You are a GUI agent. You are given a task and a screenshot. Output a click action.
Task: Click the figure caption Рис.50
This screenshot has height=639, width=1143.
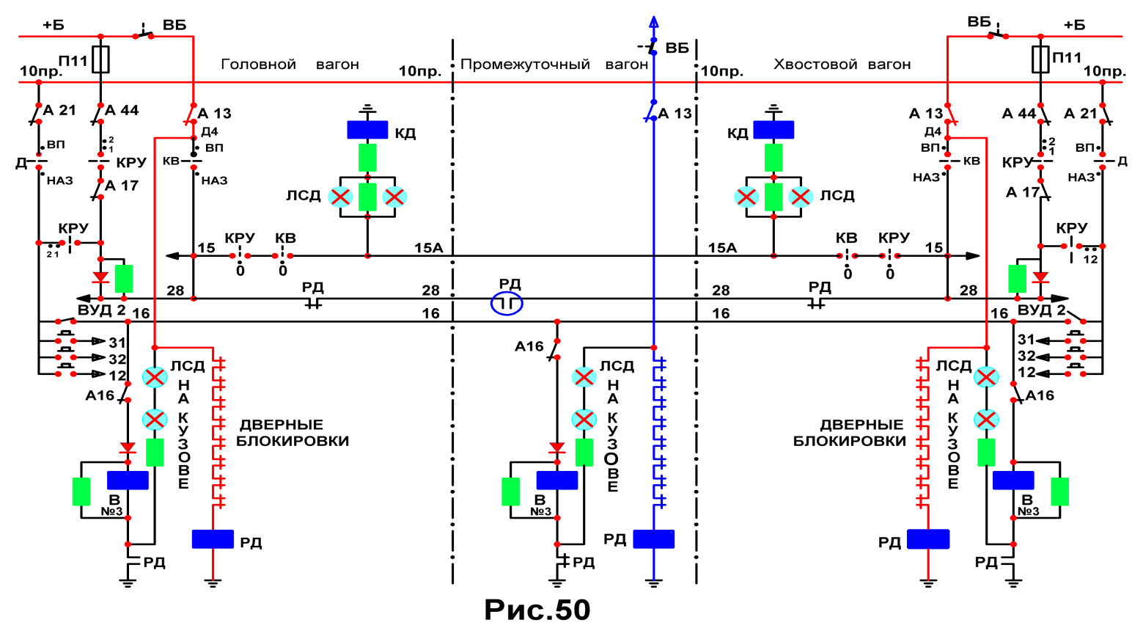coord(537,610)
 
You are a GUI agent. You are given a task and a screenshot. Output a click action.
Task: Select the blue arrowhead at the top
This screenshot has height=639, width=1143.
coord(654,21)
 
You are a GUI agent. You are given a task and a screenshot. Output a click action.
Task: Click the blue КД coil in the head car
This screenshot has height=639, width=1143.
coord(367,130)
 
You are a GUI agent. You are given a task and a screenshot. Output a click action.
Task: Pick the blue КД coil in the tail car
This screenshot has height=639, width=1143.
coord(773,130)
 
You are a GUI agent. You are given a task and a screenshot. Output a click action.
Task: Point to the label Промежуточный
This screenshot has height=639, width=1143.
coord(525,65)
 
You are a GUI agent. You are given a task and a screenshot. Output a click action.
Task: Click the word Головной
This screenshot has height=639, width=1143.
coord(258,65)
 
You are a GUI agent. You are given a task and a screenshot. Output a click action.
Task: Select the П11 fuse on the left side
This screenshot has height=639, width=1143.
coord(100,59)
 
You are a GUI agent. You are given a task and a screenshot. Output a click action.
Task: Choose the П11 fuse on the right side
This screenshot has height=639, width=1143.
coord(1040,59)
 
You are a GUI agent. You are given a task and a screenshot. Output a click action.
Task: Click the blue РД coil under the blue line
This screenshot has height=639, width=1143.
coord(654,539)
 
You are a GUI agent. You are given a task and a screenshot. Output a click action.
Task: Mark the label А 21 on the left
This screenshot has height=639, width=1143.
coord(59,110)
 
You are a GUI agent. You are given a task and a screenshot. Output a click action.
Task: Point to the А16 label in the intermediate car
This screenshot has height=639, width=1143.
coord(529,347)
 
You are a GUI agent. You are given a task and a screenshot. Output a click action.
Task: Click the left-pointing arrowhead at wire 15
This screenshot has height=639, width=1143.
coord(172,255)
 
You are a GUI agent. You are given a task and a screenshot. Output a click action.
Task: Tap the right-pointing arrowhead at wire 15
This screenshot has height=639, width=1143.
coord(973,255)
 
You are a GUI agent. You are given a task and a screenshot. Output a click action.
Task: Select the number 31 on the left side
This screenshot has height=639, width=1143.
coord(117,342)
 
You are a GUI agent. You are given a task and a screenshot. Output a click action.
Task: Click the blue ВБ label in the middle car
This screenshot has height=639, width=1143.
coord(677,48)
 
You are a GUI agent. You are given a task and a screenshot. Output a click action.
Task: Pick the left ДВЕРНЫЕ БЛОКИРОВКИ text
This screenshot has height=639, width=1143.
coord(293,433)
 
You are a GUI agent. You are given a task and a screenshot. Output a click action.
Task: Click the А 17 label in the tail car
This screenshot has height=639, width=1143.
coord(1023,192)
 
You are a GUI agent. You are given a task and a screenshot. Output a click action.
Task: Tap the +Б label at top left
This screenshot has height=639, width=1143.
coord(54,25)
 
